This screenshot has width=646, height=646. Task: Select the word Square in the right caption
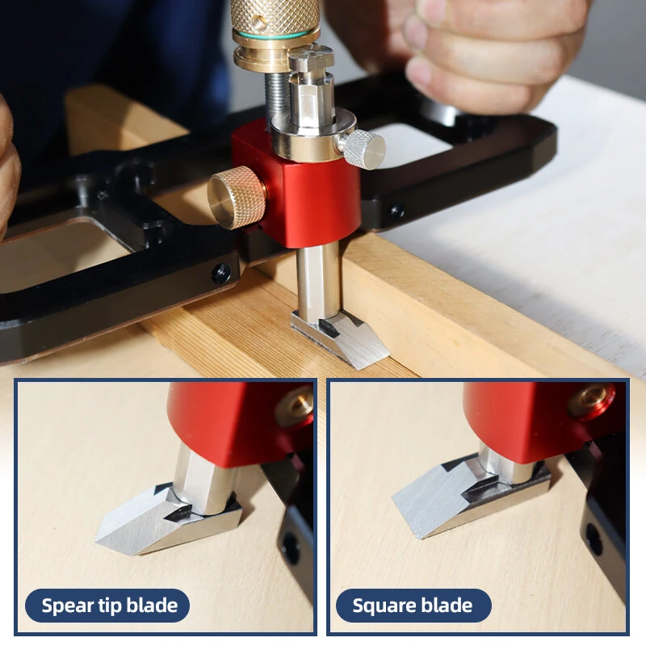coord(381,606)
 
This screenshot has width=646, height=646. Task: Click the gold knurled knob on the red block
coord(236,197)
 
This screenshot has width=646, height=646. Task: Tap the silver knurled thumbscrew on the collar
coord(362,149)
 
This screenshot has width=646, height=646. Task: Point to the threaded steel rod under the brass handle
coord(275,98)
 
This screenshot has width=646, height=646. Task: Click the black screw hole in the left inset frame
coord(291,548)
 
